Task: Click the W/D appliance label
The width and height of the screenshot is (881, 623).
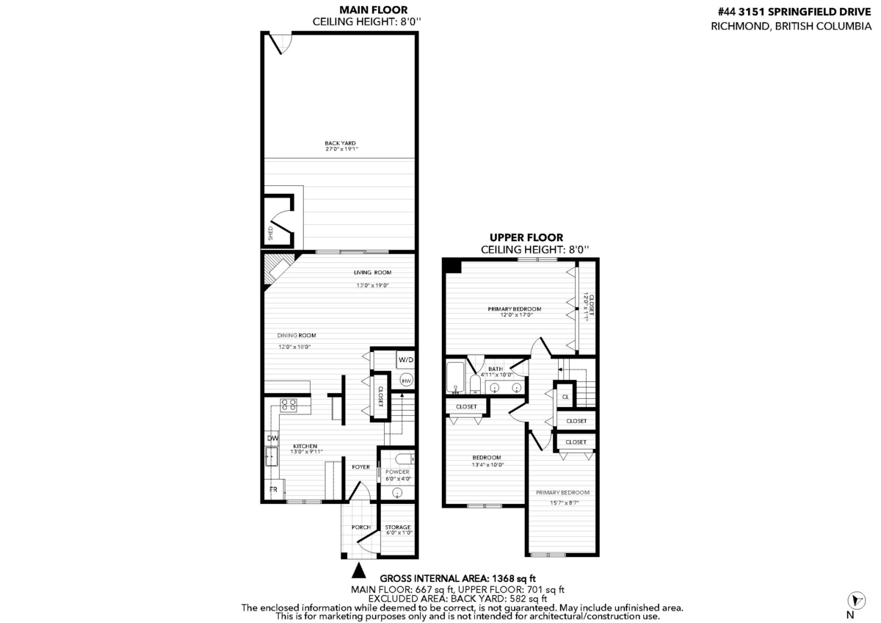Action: click(406, 360)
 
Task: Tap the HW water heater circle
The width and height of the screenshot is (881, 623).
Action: click(406, 381)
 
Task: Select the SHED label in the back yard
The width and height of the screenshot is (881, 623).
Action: click(271, 234)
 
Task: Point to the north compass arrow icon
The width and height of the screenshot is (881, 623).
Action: click(856, 600)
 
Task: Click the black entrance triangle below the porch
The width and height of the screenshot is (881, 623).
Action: click(359, 571)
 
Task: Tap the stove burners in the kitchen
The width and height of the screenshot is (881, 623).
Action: click(289, 406)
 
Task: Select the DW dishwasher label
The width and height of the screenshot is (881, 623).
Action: click(272, 438)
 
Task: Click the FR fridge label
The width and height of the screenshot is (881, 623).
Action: click(273, 489)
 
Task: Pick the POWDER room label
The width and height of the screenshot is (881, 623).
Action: click(397, 472)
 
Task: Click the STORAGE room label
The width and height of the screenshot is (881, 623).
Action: click(398, 527)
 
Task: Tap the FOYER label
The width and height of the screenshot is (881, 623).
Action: click(360, 467)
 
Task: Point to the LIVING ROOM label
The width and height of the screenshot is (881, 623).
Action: click(372, 273)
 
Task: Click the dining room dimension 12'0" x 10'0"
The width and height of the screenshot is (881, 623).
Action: click(294, 347)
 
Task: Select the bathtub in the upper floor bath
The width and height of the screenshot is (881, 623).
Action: click(455, 377)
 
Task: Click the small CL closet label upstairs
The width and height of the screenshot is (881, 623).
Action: click(565, 397)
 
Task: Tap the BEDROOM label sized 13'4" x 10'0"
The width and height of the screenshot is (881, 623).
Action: click(487, 458)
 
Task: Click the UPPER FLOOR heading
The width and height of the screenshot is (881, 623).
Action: click(526, 238)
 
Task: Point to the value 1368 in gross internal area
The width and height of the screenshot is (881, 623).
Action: click(504, 578)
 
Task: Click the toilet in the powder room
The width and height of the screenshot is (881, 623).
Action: click(404, 459)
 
